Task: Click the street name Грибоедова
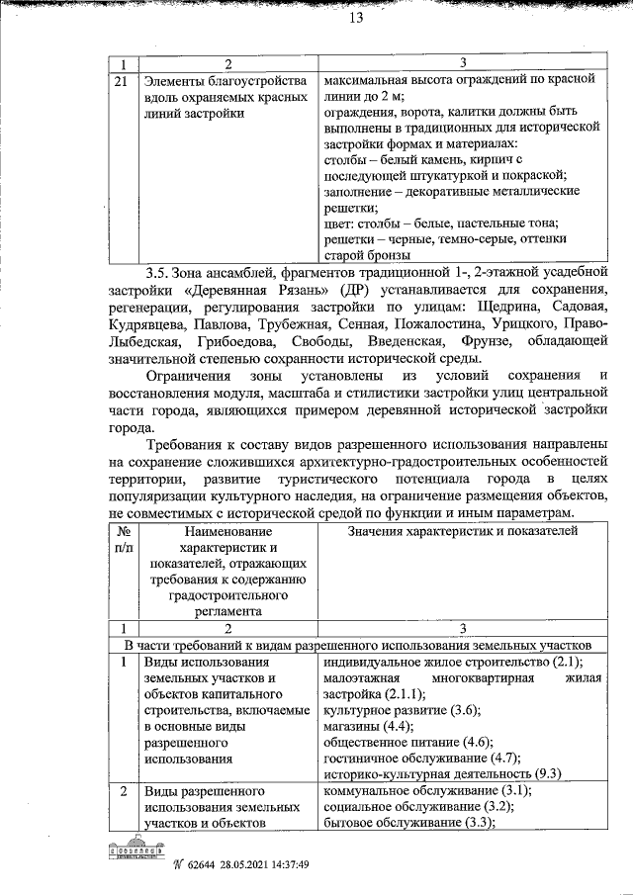[x=239, y=341]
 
